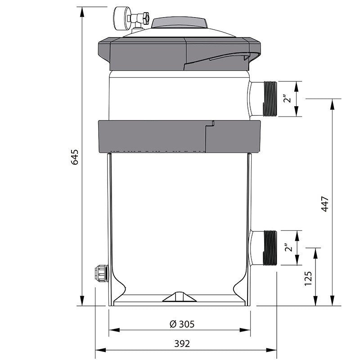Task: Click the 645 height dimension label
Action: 76,156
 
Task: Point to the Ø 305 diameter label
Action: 179,324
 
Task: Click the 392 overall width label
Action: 181,343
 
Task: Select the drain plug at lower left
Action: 99,272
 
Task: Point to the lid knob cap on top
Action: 180,22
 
